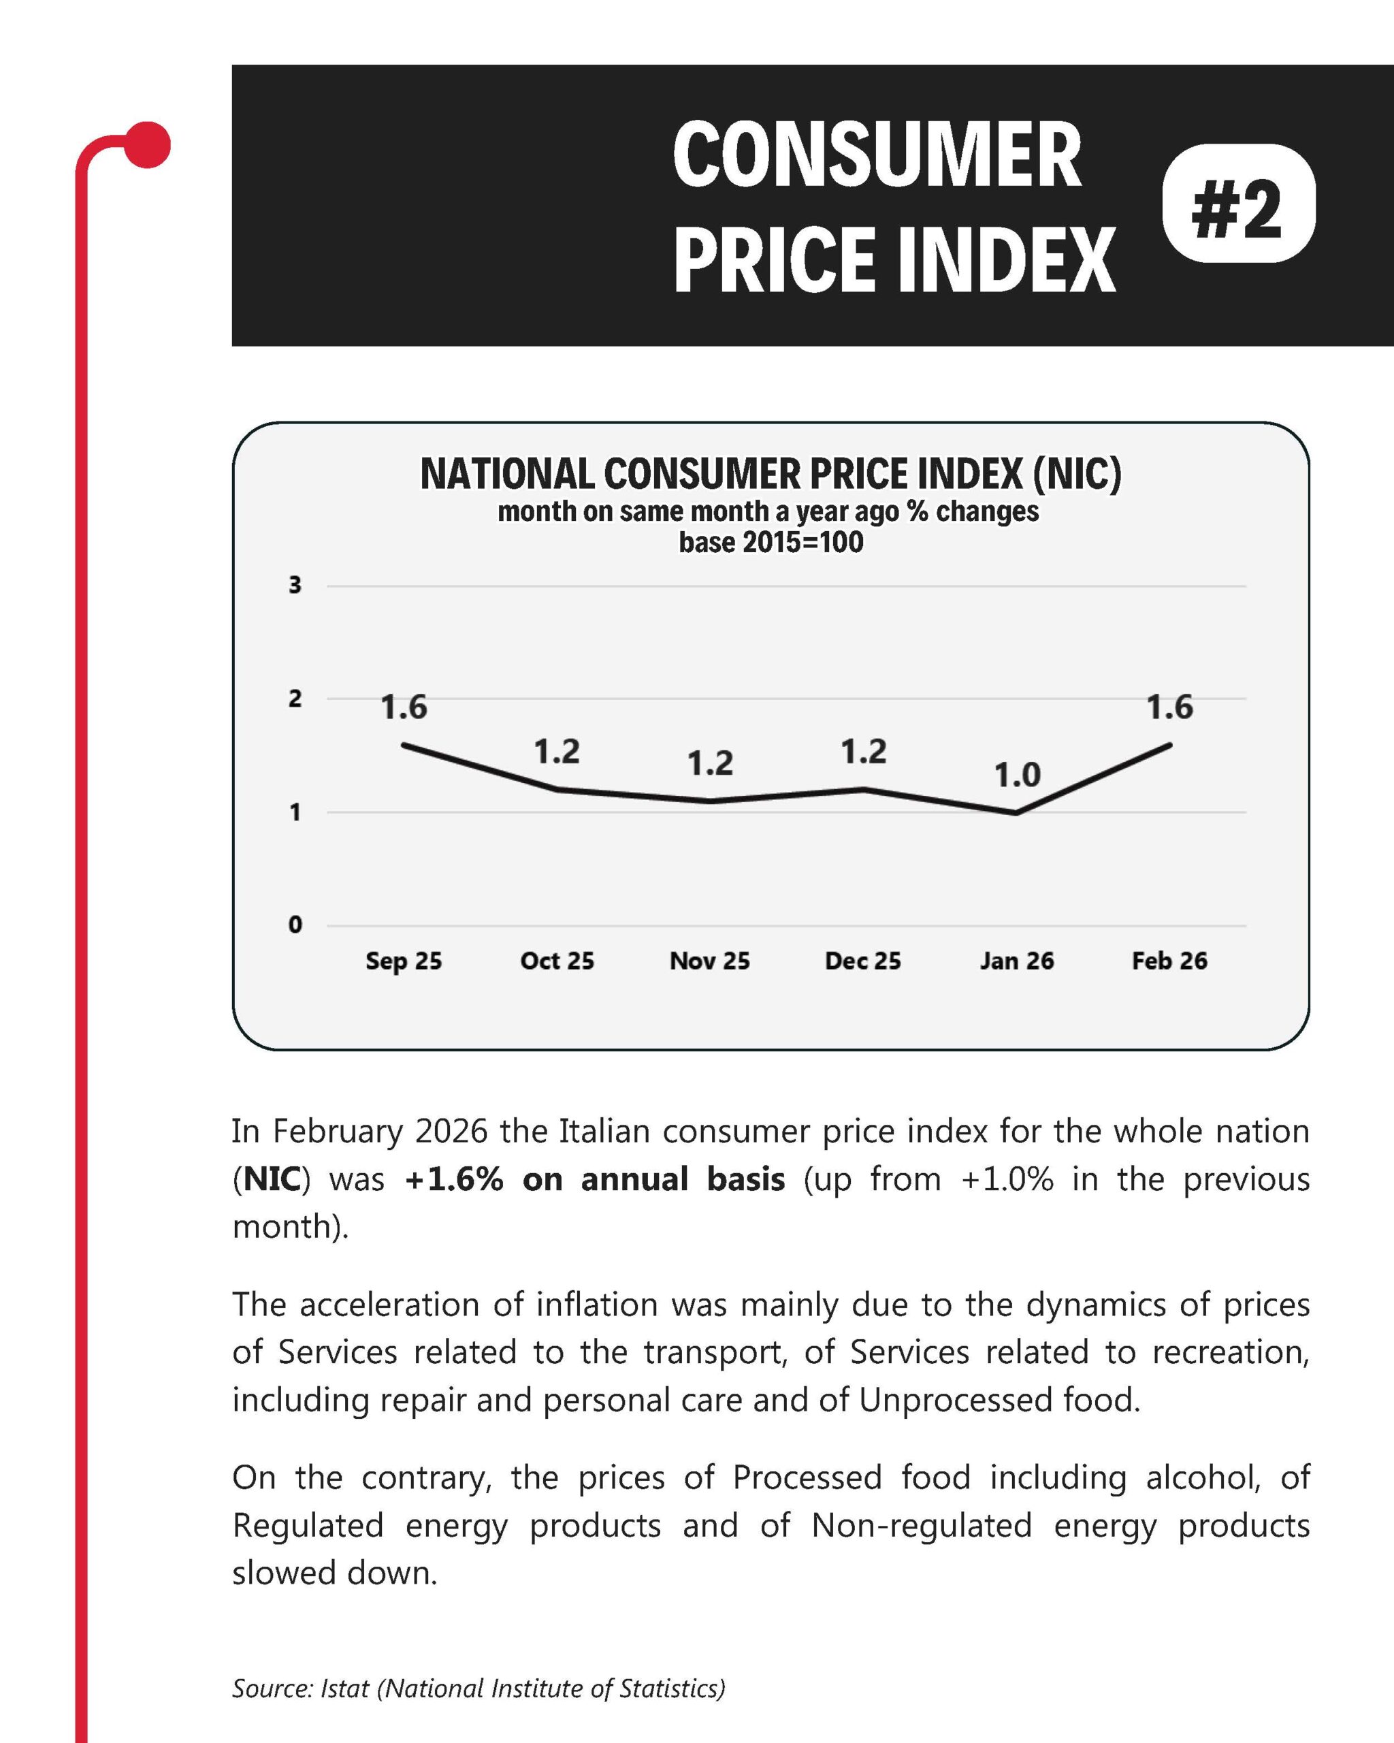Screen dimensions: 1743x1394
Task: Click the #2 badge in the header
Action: pyautogui.click(x=1238, y=203)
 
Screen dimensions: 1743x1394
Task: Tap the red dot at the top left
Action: pyautogui.click(x=147, y=146)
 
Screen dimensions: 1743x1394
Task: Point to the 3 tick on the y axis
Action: pyautogui.click(x=295, y=586)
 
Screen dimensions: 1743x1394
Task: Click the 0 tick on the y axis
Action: pyautogui.click(x=295, y=925)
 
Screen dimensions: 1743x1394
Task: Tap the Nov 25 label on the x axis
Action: pyautogui.click(x=709, y=961)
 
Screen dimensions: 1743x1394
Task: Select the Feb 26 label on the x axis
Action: pyautogui.click(x=1169, y=961)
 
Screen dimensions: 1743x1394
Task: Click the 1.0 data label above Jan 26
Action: pyautogui.click(x=1017, y=776)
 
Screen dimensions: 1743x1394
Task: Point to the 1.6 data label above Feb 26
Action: pyautogui.click(x=1169, y=707)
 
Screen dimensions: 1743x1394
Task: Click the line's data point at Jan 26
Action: pyautogui.click(x=1017, y=812)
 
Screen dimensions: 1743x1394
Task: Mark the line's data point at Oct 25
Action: pyautogui.click(x=557, y=789)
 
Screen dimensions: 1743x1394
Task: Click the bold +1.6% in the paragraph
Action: pyautogui.click(x=454, y=1179)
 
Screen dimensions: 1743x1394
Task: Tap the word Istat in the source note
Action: pyautogui.click(x=345, y=1689)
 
